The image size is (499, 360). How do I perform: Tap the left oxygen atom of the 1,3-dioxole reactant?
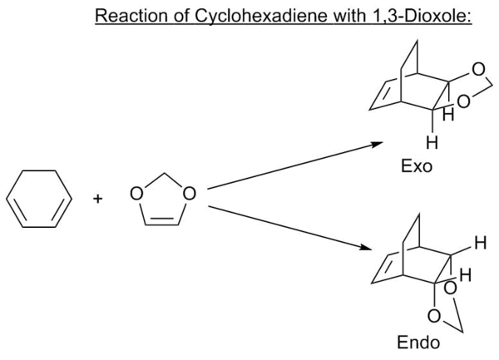click(x=136, y=195)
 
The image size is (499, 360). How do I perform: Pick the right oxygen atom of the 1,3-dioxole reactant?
click(x=190, y=195)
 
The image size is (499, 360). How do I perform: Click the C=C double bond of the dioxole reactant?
click(x=163, y=224)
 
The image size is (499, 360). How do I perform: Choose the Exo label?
click(x=415, y=166)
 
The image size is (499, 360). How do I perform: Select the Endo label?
click(x=413, y=341)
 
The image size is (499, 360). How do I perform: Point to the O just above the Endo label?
click(x=434, y=317)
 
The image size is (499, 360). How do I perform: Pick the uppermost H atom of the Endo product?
click(x=477, y=244)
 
